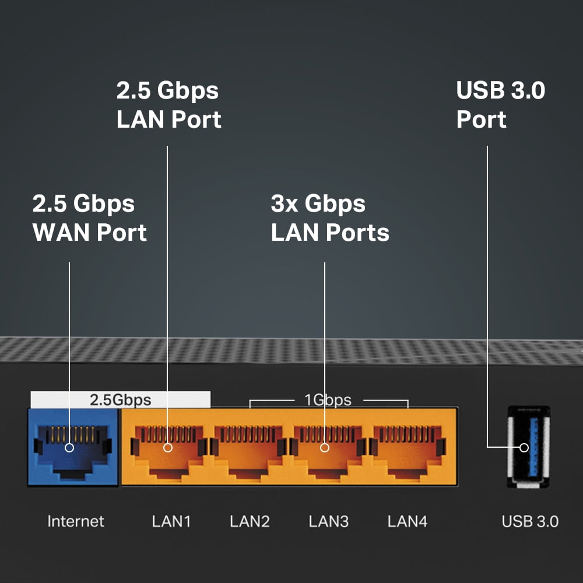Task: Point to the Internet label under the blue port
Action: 76,521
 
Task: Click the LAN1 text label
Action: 171,521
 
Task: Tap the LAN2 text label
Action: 250,521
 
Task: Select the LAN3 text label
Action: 329,521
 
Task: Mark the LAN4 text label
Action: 408,521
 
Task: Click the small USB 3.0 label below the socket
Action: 530,521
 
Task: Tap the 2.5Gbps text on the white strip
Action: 120,400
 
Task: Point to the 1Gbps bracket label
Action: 328,400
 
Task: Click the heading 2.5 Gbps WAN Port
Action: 89,218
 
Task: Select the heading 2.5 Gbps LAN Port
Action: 168,105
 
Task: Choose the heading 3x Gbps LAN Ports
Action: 330,218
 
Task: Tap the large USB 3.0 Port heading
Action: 501,105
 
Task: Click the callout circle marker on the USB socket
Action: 524,448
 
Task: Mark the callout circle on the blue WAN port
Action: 69,448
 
